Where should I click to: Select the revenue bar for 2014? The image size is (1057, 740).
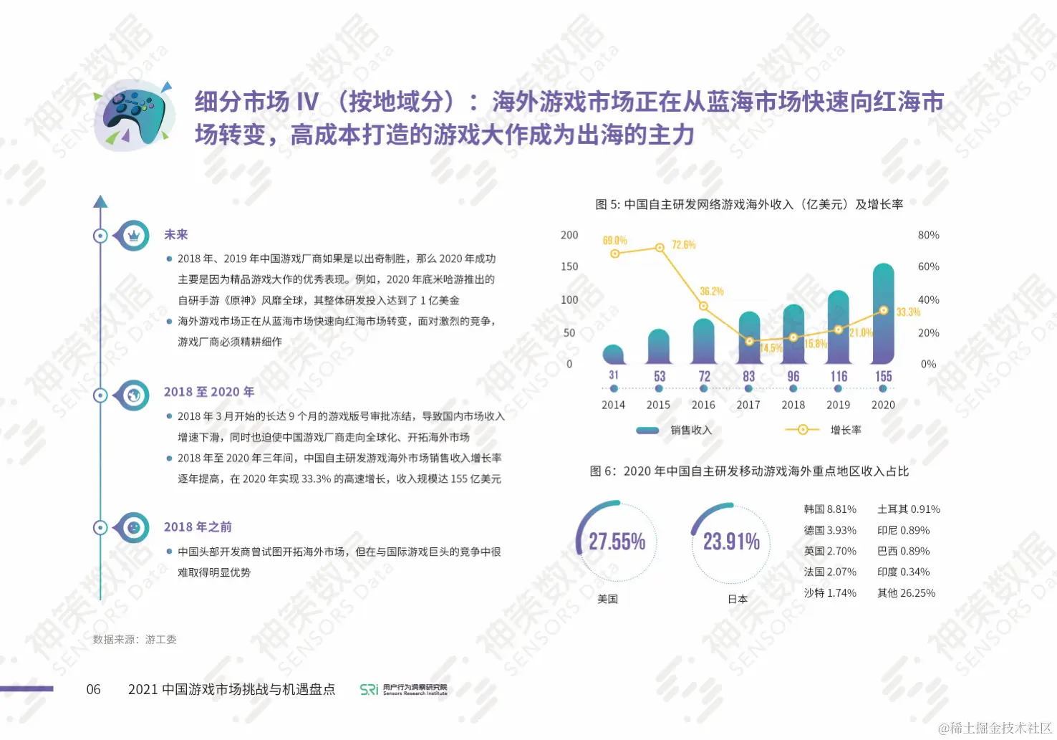point(614,355)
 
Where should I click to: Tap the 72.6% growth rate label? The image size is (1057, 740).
point(683,245)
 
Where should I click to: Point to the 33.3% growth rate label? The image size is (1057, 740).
point(908,312)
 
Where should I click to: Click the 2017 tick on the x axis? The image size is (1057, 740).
point(748,405)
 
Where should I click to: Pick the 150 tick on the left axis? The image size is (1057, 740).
point(569,266)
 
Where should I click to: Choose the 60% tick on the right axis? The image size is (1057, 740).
point(928,266)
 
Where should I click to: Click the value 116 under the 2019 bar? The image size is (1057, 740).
point(839,376)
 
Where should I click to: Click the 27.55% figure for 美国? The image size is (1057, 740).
point(617,542)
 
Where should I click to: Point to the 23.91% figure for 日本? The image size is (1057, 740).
point(731,542)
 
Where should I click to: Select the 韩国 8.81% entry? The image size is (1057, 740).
point(830,509)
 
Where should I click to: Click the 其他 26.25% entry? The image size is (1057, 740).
point(906,593)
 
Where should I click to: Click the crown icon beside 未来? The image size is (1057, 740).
point(133,236)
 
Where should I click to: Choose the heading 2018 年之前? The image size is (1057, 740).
point(198,527)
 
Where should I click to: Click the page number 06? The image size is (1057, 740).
point(94,689)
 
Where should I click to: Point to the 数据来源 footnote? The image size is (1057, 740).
point(135,640)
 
